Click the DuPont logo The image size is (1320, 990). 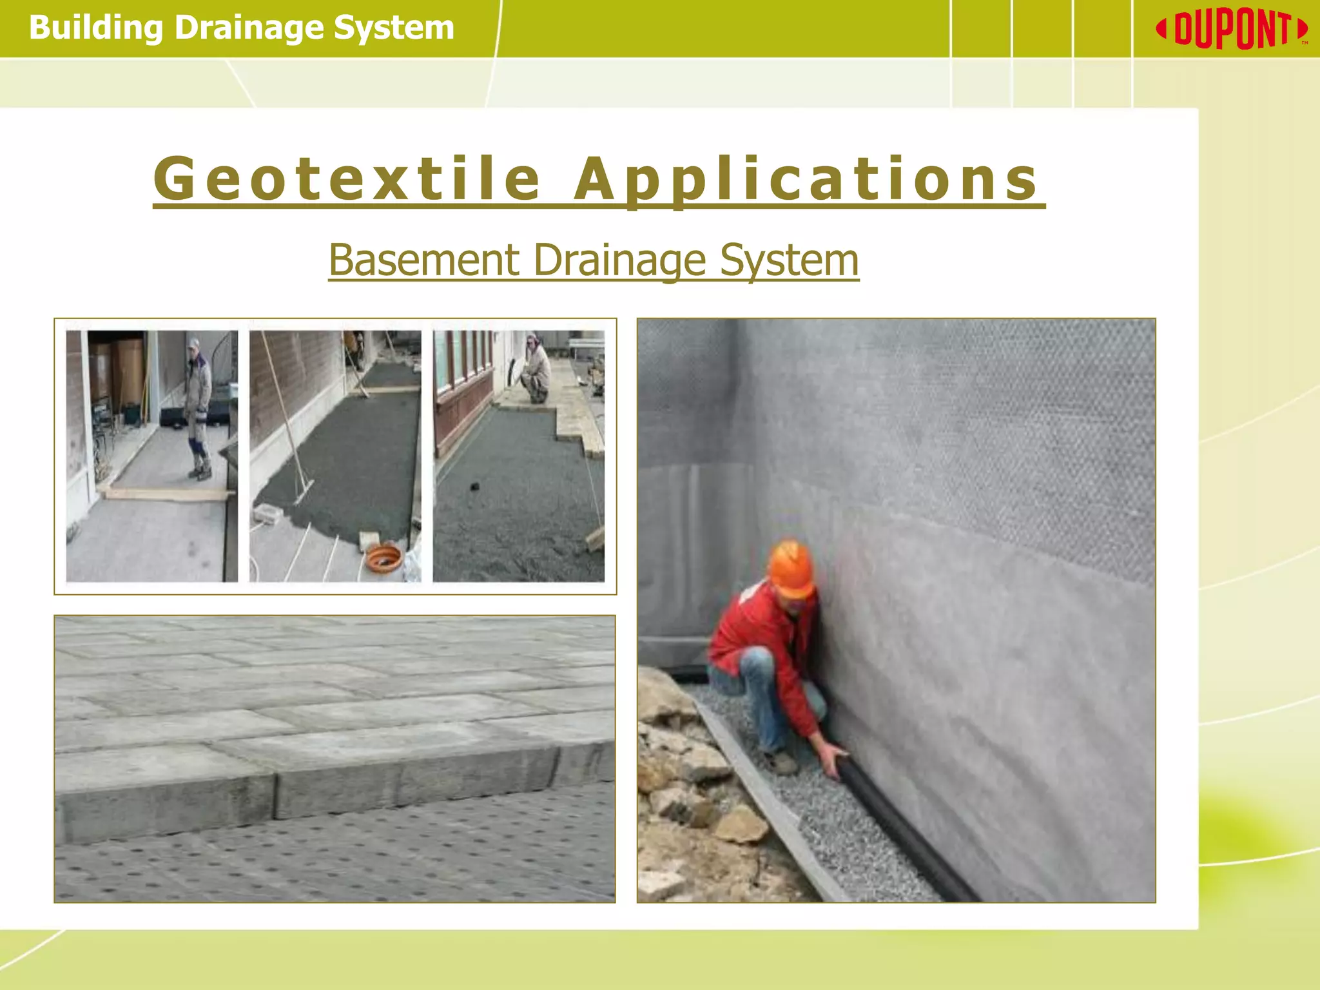pyautogui.click(x=1232, y=30)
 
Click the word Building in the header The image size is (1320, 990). pyautogui.click(x=96, y=28)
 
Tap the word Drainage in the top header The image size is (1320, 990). pyautogui.click(x=248, y=28)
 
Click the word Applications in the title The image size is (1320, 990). pyautogui.click(x=806, y=180)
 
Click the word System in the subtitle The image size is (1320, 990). pyautogui.click(x=789, y=260)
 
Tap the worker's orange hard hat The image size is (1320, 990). pyautogui.click(x=791, y=567)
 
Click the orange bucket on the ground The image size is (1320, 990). pyautogui.click(x=383, y=558)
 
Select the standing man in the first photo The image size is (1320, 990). pyautogui.click(x=197, y=406)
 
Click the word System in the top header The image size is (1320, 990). pyautogui.click(x=394, y=28)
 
